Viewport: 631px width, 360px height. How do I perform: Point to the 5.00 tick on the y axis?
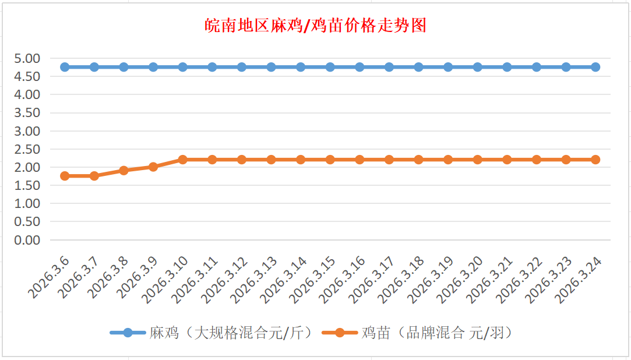tap(27, 58)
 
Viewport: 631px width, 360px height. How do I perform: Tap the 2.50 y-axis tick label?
tap(27, 149)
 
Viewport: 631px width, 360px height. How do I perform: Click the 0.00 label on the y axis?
tap(27, 240)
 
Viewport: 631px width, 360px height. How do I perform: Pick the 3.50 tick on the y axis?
tap(27, 113)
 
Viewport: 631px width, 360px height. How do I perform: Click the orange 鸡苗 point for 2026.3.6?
tap(65, 176)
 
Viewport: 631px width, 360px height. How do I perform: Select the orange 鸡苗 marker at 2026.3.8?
tap(124, 171)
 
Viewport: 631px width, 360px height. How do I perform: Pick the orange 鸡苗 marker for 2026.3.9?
tap(153, 167)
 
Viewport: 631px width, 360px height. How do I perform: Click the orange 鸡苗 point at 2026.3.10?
tap(183, 160)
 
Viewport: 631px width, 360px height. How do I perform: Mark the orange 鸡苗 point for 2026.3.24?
tap(595, 160)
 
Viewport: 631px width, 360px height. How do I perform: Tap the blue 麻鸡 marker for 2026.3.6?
tap(65, 67)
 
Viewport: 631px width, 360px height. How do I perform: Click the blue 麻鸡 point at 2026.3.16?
tap(359, 67)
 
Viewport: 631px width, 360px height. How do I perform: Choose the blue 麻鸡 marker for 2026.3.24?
tap(595, 67)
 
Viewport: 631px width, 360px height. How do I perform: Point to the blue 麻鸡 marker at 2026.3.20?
tap(478, 67)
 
